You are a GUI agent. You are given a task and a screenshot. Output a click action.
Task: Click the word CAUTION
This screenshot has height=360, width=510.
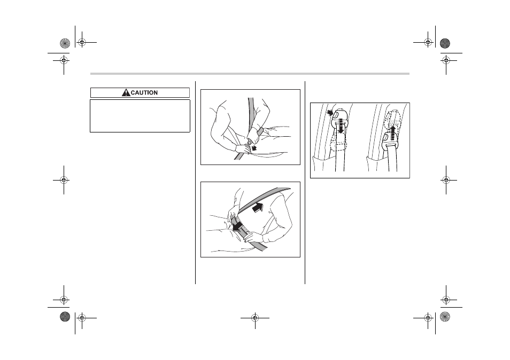(x=144, y=92)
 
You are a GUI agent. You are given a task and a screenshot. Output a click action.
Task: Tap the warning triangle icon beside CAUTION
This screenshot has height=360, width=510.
(x=126, y=92)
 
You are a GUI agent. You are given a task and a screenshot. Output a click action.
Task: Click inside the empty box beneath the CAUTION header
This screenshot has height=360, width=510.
(x=140, y=116)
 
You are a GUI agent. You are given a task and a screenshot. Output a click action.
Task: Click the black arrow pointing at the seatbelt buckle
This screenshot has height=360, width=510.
(x=254, y=147)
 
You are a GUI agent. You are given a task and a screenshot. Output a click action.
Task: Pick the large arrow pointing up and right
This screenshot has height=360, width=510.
(x=258, y=207)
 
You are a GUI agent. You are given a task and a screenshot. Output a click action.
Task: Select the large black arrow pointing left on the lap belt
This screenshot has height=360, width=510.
(x=238, y=226)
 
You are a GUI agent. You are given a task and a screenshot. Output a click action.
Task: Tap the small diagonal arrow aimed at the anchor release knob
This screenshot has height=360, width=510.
(x=330, y=113)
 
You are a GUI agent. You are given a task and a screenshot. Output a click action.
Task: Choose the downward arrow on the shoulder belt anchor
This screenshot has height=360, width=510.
(x=341, y=126)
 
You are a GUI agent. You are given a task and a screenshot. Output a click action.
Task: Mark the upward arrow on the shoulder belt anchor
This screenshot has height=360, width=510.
(x=393, y=133)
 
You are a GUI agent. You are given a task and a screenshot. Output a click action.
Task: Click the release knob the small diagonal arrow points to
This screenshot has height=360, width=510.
(x=336, y=115)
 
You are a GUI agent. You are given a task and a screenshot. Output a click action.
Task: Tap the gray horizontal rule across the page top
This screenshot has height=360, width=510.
(x=250, y=74)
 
